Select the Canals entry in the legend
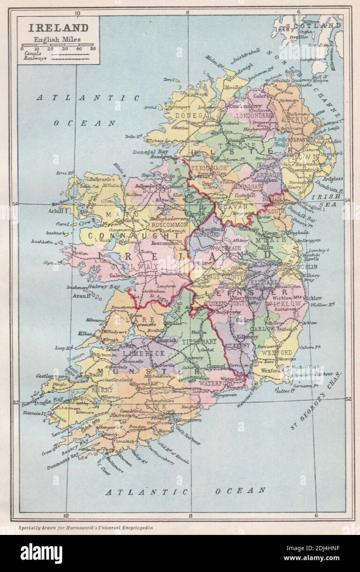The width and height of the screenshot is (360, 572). point(31,53)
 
